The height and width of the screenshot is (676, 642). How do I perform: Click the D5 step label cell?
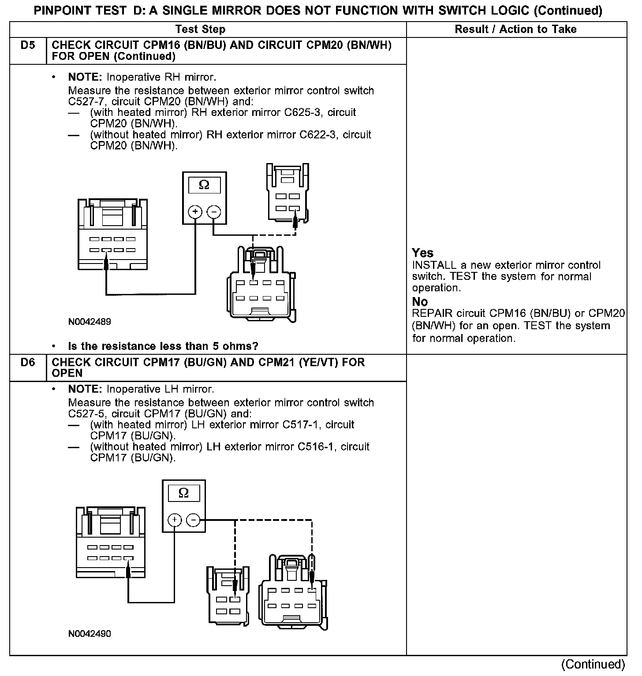coord(27,45)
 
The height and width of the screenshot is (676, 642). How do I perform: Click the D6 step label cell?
coord(27,363)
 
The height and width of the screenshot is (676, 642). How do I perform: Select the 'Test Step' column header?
coord(200,30)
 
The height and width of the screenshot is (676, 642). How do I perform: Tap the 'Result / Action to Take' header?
coord(515,30)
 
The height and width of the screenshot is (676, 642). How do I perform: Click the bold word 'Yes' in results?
coord(422,253)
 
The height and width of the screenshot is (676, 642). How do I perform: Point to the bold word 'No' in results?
coord(420,302)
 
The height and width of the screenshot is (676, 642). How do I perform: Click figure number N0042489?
coord(90,322)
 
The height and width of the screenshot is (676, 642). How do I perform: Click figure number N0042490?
coord(90,634)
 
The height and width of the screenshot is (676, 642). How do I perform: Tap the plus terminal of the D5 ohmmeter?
coord(195,212)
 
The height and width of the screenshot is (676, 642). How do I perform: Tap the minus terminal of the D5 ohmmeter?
coord(213,212)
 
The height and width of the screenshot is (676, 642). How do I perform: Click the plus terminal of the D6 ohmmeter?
coord(175,520)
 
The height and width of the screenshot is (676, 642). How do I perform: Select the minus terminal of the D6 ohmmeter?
coord(193,520)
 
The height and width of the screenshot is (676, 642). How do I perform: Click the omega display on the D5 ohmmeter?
coord(204,185)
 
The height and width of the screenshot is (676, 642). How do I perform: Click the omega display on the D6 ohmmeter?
coord(184,493)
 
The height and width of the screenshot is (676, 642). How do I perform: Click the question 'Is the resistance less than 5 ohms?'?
coord(163,346)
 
